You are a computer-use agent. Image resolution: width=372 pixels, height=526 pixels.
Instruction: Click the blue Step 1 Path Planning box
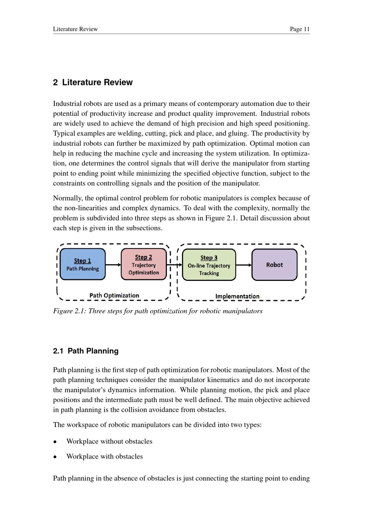click(x=83, y=264)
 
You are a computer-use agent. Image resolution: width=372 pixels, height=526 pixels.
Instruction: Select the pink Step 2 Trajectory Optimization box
click(x=144, y=264)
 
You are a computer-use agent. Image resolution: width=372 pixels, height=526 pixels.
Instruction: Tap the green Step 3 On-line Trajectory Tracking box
click(x=209, y=265)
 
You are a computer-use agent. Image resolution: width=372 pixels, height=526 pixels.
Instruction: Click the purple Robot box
click(x=275, y=265)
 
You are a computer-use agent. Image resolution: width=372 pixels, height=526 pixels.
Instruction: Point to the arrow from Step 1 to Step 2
click(x=113, y=265)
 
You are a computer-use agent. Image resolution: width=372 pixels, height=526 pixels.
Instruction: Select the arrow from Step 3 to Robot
click(x=244, y=265)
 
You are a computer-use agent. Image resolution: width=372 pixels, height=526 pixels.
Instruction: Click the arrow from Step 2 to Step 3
click(x=174, y=265)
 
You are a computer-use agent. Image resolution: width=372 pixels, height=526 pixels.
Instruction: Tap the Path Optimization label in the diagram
click(x=114, y=295)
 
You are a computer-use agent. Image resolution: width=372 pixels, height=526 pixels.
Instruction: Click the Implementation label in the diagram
click(x=237, y=296)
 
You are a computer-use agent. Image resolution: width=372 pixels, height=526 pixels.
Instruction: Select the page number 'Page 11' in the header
click(x=299, y=29)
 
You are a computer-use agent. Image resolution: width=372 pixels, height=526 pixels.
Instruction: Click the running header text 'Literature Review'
click(x=75, y=29)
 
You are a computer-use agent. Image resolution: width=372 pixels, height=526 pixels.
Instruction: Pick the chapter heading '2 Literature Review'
click(x=93, y=82)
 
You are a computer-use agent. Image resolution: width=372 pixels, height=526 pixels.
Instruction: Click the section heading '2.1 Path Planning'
click(x=86, y=351)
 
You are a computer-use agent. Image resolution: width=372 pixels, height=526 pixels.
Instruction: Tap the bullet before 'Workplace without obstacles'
click(x=55, y=442)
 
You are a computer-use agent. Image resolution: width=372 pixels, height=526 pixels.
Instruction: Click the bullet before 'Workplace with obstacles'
click(x=55, y=457)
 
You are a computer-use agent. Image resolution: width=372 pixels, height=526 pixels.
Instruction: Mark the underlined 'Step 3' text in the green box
click(x=209, y=257)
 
